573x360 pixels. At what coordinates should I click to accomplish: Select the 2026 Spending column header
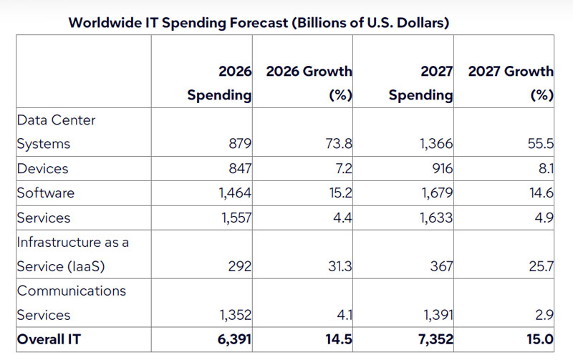[x=219, y=83]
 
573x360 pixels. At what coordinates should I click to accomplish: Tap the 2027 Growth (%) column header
[x=511, y=83]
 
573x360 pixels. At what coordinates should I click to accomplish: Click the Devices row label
[x=42, y=169]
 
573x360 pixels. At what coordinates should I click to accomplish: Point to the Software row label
[x=45, y=193]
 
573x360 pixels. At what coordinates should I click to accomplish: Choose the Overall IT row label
[x=49, y=339]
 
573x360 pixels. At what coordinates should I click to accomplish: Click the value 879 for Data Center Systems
[x=240, y=143]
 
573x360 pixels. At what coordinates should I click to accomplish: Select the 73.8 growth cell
[x=339, y=143]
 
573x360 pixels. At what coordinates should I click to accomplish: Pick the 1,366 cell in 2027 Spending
[x=436, y=143]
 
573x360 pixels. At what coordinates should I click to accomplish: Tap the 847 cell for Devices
[x=240, y=169]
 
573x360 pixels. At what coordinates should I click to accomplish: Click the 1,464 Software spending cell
[x=235, y=193]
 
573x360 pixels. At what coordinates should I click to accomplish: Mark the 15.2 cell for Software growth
[x=341, y=193]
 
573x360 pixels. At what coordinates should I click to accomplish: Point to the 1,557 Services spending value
[x=236, y=218]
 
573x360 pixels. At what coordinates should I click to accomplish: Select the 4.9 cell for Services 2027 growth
[x=544, y=218]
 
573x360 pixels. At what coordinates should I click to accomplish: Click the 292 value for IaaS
[x=240, y=266]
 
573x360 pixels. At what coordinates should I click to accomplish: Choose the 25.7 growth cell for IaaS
[x=541, y=266]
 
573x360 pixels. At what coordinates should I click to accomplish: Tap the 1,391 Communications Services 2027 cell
[x=438, y=315]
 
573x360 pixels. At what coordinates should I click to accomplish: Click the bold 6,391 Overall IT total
[x=235, y=339]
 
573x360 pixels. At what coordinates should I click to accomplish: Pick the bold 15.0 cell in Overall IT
[x=540, y=339]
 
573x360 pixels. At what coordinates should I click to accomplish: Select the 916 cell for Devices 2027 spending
[x=442, y=169]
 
